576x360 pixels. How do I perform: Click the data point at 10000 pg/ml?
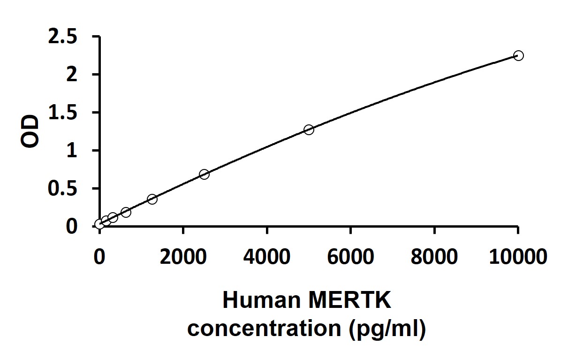tap(518, 55)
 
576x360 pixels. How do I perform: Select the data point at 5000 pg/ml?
tap(309, 130)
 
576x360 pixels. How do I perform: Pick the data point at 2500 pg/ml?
tap(204, 174)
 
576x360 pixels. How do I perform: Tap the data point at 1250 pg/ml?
tap(152, 199)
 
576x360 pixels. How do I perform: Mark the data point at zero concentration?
tap(99, 224)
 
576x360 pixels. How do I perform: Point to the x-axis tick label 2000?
tap(183, 257)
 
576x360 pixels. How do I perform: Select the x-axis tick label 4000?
tap(267, 257)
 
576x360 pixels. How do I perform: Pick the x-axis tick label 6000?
tap(350, 257)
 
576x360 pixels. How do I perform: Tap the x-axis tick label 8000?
tap(434, 257)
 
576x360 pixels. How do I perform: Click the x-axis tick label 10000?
tap(518, 257)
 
